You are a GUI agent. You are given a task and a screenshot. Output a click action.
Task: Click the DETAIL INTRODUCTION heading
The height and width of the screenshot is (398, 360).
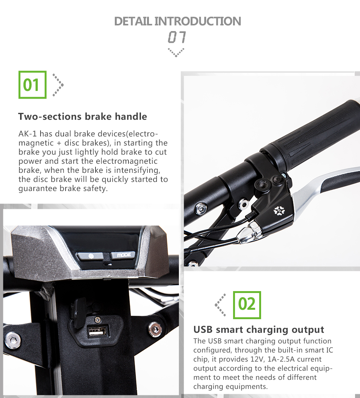178,21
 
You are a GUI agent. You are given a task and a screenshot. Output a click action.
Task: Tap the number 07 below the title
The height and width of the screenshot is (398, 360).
177,37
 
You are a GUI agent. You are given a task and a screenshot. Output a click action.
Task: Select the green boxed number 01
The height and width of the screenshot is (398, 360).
33,85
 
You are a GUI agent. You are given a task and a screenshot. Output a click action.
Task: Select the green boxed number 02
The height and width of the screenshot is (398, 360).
247,305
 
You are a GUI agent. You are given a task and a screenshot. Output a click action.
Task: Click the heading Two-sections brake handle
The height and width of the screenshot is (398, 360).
83,116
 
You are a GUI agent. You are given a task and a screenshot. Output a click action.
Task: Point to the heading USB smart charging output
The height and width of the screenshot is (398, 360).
259,329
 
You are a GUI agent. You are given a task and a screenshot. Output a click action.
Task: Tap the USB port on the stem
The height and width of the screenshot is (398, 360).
97,332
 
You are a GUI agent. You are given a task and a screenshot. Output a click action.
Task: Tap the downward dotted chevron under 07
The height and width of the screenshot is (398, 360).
176,53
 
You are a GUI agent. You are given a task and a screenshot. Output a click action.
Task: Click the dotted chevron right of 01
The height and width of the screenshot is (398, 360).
58,85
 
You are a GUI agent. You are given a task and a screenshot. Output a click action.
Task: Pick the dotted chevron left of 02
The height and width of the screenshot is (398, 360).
220,305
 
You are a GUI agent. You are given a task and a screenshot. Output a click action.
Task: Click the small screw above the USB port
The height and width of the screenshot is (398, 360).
97,320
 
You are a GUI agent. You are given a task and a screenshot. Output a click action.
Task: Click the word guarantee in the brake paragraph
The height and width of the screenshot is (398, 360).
38,189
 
